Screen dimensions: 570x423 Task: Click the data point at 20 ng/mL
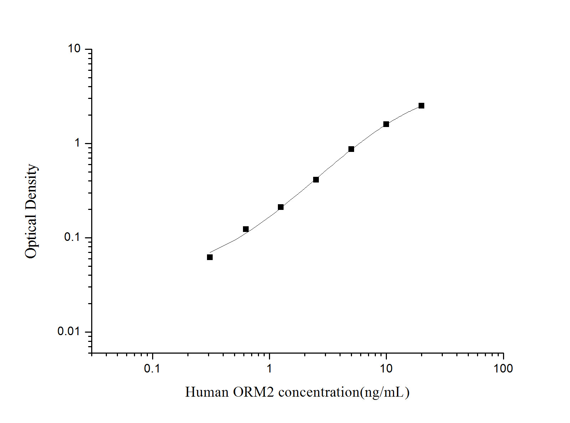[421, 106]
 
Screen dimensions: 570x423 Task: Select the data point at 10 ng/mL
[386, 124]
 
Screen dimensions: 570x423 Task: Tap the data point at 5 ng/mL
[351, 149]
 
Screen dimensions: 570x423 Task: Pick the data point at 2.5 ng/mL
[316, 180]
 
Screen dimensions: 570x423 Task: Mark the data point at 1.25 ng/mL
[281, 207]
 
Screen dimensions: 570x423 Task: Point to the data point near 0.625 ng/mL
[246, 229]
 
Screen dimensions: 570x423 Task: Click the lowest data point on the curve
[210, 257]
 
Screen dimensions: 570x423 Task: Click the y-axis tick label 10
[74, 49]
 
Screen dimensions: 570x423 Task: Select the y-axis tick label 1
[77, 143]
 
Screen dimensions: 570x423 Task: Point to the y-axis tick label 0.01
[69, 332]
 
